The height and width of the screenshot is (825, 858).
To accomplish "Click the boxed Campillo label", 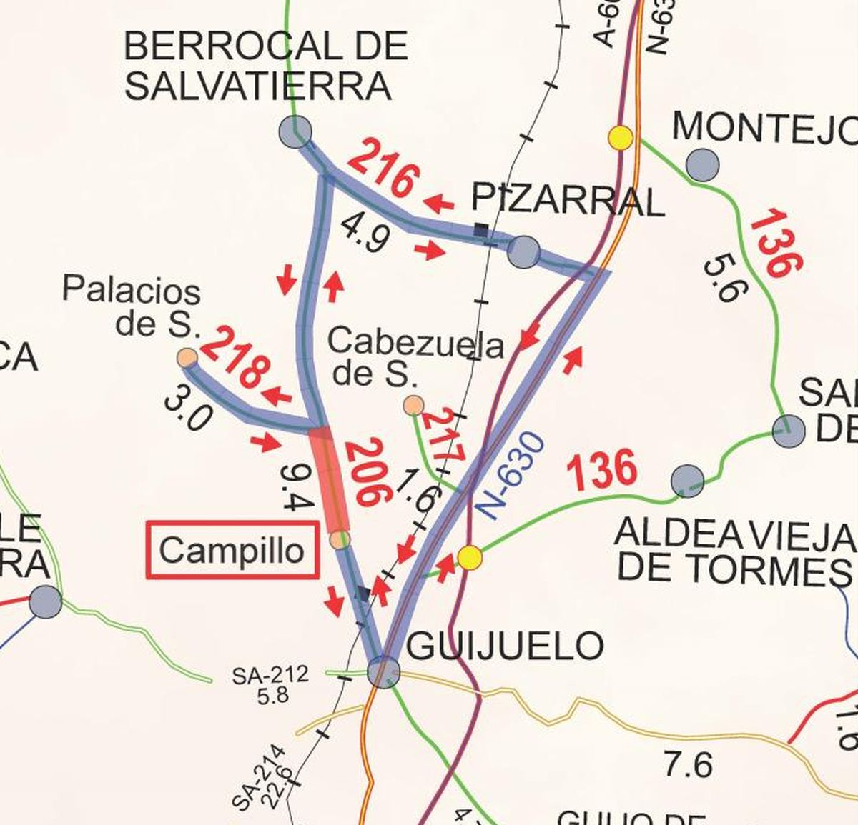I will (232, 550).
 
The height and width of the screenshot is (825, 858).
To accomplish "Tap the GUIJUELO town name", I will (505, 646).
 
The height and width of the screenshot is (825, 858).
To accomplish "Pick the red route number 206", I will (368, 474).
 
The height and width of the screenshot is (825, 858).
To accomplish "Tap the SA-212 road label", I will (270, 674).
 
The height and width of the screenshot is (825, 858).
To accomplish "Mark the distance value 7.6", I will (688, 765).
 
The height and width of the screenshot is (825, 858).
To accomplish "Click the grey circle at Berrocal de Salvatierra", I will (295, 131).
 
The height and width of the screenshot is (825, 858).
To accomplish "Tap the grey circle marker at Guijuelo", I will (383, 671).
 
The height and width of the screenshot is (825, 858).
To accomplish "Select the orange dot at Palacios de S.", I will (187, 358).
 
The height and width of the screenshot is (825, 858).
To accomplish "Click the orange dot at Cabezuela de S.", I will (413, 406).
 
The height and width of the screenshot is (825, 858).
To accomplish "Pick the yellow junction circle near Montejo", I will (620, 137).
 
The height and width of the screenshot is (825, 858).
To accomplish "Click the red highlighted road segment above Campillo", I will (330, 480).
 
